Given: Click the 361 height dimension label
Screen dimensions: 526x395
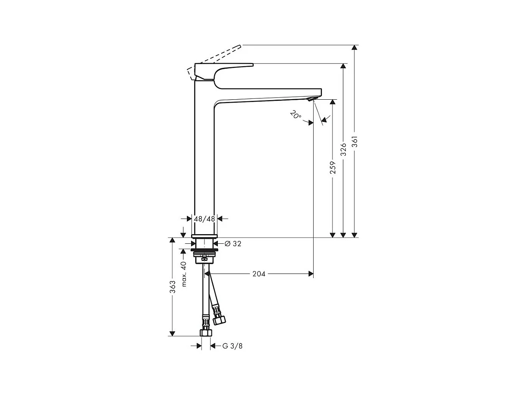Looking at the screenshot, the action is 355,142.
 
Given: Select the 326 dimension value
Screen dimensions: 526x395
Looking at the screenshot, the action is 344,150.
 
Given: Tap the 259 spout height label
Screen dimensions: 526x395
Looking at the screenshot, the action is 332,167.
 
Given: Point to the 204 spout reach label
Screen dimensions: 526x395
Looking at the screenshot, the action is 259,274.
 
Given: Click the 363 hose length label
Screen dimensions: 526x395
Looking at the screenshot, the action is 173,287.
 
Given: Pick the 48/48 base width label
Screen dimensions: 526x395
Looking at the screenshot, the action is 204,219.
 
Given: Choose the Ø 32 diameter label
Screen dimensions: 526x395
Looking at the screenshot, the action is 233,244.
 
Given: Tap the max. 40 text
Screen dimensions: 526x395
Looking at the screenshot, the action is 184,274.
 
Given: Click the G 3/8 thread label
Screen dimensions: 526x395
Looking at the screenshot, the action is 232,346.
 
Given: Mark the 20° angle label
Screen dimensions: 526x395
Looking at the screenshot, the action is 296,115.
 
